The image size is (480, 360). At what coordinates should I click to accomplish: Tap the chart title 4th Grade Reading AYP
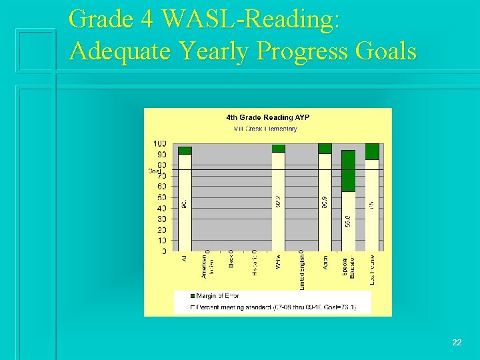pyautogui.click(x=267, y=118)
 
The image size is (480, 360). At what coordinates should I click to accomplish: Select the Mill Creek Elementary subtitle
pyautogui.click(x=265, y=129)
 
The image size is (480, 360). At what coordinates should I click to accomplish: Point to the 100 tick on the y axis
pyautogui.click(x=160, y=144)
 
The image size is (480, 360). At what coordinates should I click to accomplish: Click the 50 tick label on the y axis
pyautogui.click(x=162, y=198)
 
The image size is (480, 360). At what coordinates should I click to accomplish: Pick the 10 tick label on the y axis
pyautogui.click(x=162, y=241)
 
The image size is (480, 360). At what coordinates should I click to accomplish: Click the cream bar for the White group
pyautogui.click(x=279, y=200)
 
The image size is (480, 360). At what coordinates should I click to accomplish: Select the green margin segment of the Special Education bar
pyautogui.click(x=348, y=171)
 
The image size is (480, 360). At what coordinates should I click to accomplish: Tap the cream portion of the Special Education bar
pyautogui.click(x=348, y=220)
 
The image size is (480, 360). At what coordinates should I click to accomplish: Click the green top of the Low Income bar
pyautogui.click(x=372, y=151)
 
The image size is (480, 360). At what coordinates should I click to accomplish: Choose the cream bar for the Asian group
pyautogui.click(x=325, y=200)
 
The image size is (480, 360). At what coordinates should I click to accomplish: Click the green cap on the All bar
pyautogui.click(x=185, y=151)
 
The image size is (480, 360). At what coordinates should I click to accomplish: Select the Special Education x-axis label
pyautogui.click(x=349, y=267)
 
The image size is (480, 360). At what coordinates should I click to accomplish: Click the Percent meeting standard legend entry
pyautogui.click(x=274, y=307)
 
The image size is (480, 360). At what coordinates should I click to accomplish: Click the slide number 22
pyautogui.click(x=457, y=343)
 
